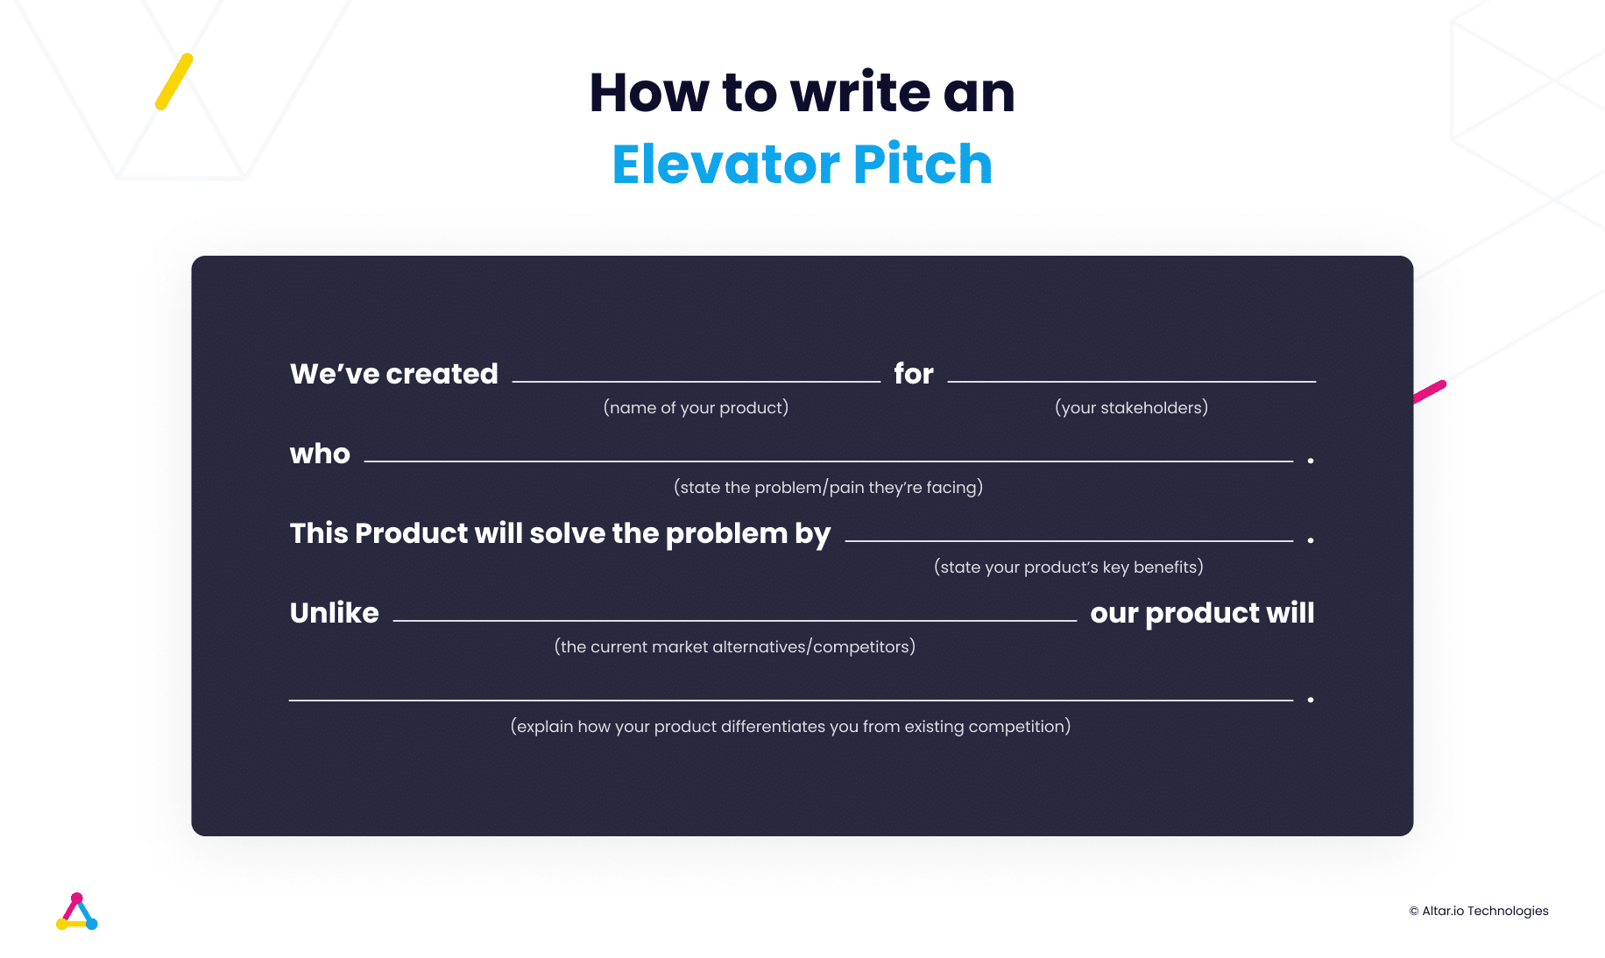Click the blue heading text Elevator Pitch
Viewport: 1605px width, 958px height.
(802, 164)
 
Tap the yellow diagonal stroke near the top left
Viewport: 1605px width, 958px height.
(174, 81)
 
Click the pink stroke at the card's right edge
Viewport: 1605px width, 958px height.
(1430, 391)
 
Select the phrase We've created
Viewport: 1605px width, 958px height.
(393, 374)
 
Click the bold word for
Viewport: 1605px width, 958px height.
(913, 374)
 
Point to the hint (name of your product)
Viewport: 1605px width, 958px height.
(696, 407)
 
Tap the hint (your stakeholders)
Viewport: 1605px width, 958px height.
(1131, 407)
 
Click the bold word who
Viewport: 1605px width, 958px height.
(320, 454)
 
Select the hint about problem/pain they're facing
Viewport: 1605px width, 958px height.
(828, 487)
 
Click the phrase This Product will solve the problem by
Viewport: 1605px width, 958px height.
(560, 533)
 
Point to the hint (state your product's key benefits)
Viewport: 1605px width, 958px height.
(1068, 567)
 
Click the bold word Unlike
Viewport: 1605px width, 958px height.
(334, 613)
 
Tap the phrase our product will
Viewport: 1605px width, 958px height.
(1202, 613)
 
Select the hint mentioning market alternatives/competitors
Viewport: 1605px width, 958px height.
(734, 646)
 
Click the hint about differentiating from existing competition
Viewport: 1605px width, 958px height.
(790, 726)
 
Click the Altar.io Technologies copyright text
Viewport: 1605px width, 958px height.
(1479, 911)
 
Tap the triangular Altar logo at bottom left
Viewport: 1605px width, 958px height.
(76, 912)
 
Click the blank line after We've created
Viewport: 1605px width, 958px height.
(696, 380)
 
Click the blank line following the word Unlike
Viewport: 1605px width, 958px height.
(734, 618)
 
